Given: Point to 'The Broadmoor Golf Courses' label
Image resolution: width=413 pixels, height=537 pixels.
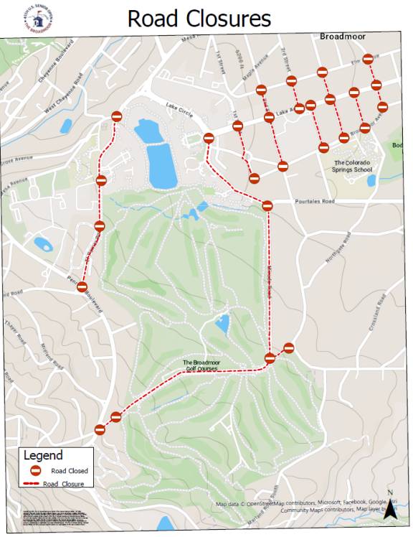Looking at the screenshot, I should point(201,365).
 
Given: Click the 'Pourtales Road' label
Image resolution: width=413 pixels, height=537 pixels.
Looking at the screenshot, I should point(315,202).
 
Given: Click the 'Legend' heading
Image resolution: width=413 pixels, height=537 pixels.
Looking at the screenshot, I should point(43,455).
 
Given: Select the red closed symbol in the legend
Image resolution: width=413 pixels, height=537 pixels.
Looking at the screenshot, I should point(34,470).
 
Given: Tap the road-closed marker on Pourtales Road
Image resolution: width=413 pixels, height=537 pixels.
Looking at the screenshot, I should point(267,205).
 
